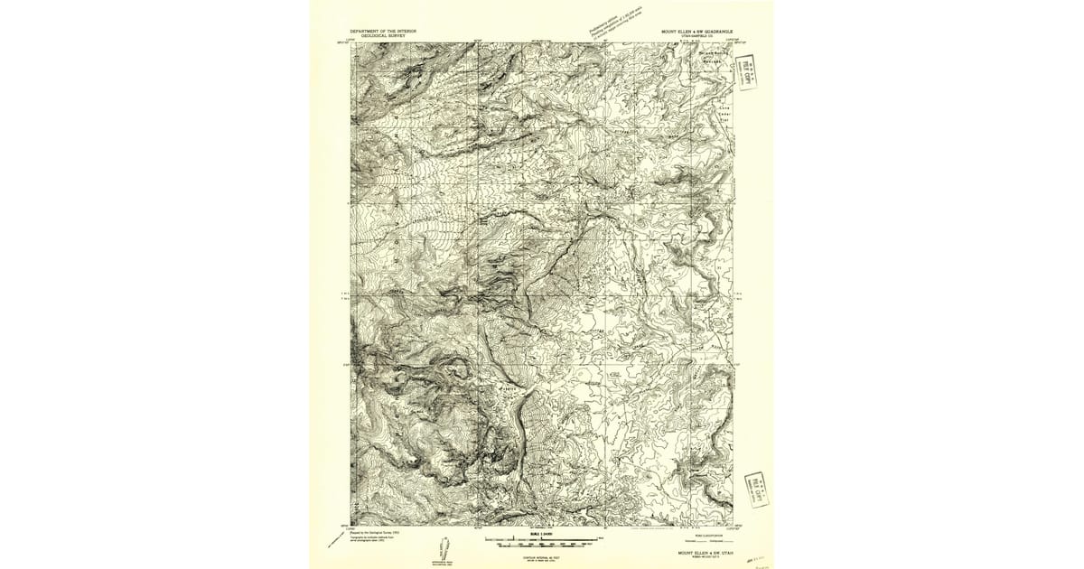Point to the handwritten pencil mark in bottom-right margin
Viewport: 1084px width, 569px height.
(756, 560)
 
